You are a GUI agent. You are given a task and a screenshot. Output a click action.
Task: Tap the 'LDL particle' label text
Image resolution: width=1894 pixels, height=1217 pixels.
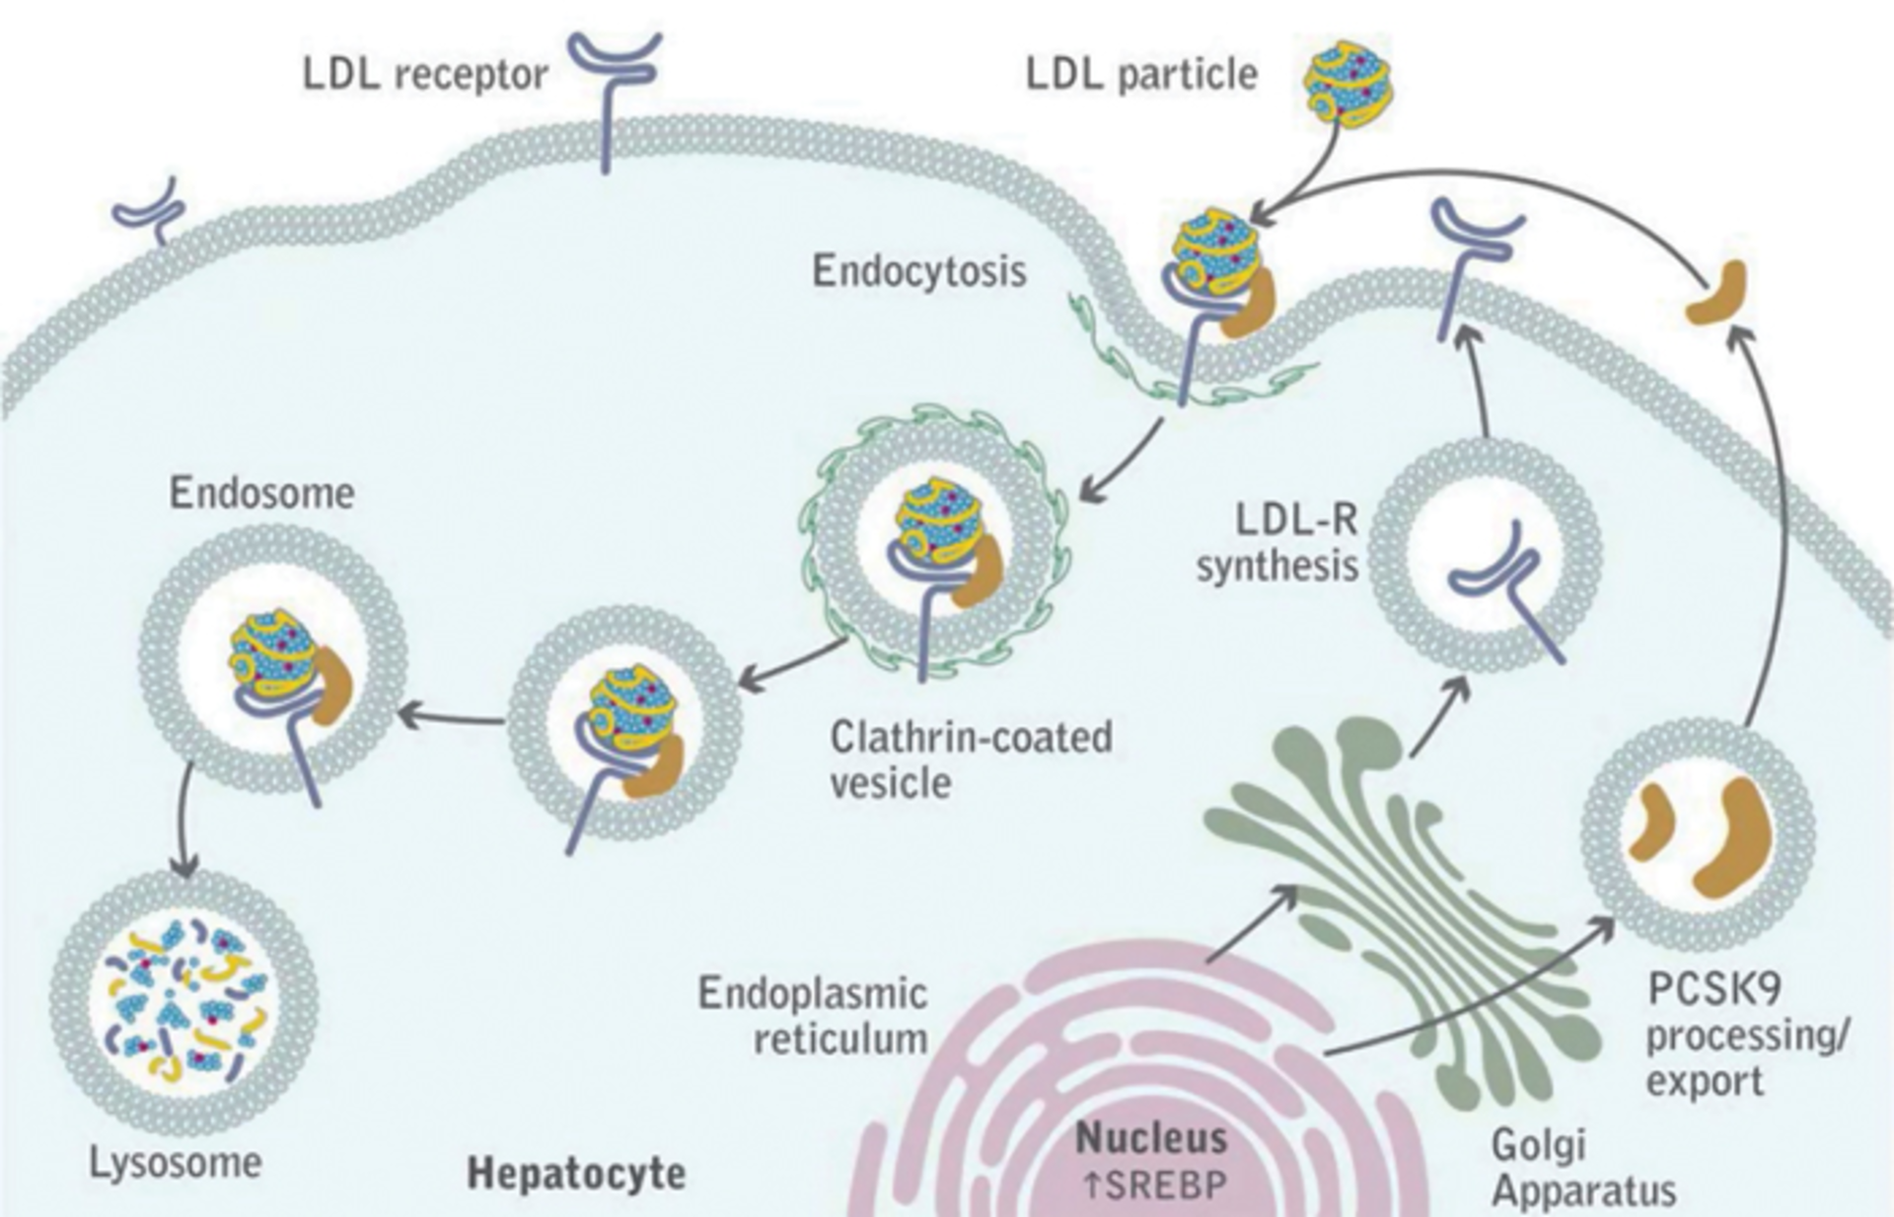coord(1141,74)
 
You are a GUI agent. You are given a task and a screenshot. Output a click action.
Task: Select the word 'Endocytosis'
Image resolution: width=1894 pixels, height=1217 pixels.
coord(918,271)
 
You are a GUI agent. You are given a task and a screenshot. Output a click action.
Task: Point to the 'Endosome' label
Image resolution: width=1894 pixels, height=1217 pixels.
coord(261,493)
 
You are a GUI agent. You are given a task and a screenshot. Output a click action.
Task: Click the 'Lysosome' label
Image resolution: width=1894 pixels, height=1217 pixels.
coord(176,1163)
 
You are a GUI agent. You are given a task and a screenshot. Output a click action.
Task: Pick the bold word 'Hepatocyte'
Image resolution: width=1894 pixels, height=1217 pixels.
coord(576,1174)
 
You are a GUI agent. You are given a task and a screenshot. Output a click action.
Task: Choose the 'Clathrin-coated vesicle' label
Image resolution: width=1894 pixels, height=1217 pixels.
coord(971,759)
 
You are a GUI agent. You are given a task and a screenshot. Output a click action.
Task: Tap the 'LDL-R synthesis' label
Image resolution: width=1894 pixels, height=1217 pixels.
coord(1277,542)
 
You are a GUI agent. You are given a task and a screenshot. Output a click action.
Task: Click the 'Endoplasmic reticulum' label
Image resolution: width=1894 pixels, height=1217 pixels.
coord(813,1016)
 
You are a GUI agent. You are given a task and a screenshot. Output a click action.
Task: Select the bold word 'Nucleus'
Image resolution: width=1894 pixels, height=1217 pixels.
coord(1151,1139)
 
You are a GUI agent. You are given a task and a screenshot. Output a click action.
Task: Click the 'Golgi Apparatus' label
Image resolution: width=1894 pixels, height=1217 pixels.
coord(1583,1168)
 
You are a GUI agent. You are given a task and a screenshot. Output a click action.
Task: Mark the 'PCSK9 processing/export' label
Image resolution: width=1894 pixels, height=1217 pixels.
coord(1746,1036)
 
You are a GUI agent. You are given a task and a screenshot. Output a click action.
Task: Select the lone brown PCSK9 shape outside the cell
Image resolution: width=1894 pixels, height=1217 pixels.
coord(1717,294)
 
